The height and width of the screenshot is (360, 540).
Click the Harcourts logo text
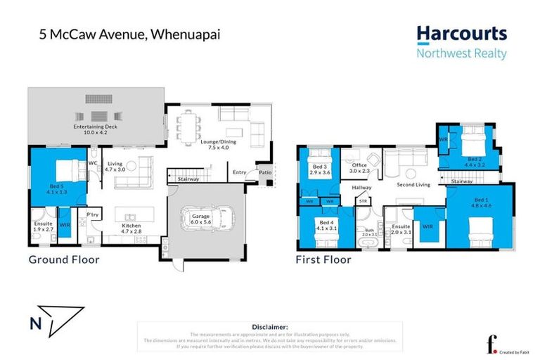pyautogui.click(x=461, y=34)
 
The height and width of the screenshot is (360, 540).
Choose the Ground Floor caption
pyautogui.click(x=63, y=259)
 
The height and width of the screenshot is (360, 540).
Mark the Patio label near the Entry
pyautogui.click(x=264, y=171)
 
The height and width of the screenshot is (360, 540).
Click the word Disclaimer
pyautogui.click(x=269, y=327)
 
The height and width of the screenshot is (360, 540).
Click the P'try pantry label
pyautogui.click(x=91, y=214)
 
